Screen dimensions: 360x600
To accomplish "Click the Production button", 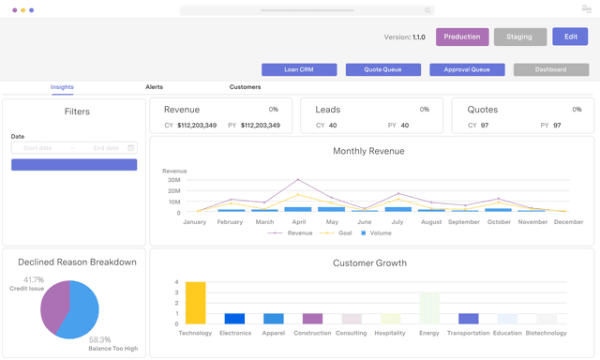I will [462, 37].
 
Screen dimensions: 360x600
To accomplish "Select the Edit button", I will [570, 37].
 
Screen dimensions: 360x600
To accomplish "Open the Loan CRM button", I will [298, 69].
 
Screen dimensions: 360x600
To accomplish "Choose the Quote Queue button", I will [382, 69].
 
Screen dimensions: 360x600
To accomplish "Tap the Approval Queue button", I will [467, 69].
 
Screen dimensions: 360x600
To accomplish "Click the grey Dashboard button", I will [551, 69].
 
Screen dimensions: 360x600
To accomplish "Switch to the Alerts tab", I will [154, 87].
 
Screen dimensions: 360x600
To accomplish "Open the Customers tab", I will [245, 87].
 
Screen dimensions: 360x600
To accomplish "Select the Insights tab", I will [63, 87].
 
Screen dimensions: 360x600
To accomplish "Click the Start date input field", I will [44, 147].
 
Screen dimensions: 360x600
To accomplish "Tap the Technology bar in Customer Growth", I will [195, 303].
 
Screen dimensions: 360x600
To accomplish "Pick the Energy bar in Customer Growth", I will [429, 308].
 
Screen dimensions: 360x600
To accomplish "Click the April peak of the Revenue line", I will [298, 180].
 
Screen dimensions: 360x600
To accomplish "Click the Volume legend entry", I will [376, 232].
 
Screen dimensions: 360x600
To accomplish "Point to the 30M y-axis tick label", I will [173, 180].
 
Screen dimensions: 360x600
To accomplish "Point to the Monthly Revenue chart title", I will [368, 151].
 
